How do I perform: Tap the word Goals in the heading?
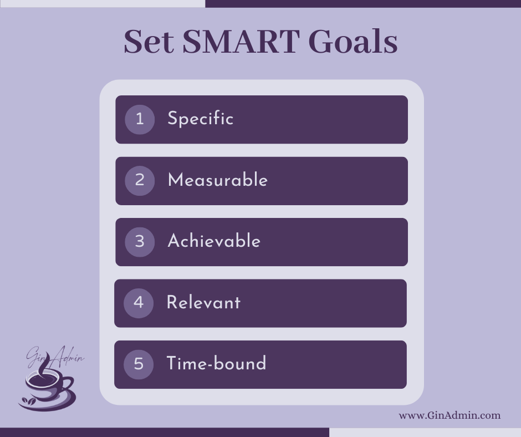point(353,42)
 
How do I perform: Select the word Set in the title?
point(149,42)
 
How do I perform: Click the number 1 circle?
point(140,120)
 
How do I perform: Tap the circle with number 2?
point(140,181)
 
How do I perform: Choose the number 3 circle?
point(140,242)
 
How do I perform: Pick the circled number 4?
point(139,303)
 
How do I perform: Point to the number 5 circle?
point(139,364)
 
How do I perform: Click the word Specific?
point(201,119)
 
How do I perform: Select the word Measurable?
point(218,180)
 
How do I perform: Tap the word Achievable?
point(214,241)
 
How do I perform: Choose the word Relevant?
point(203,302)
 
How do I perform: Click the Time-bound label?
point(216,363)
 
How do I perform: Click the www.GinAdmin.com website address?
point(450,415)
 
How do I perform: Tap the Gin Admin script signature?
point(55,357)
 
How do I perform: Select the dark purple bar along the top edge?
point(363,4)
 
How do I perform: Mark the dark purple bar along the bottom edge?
point(165,433)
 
